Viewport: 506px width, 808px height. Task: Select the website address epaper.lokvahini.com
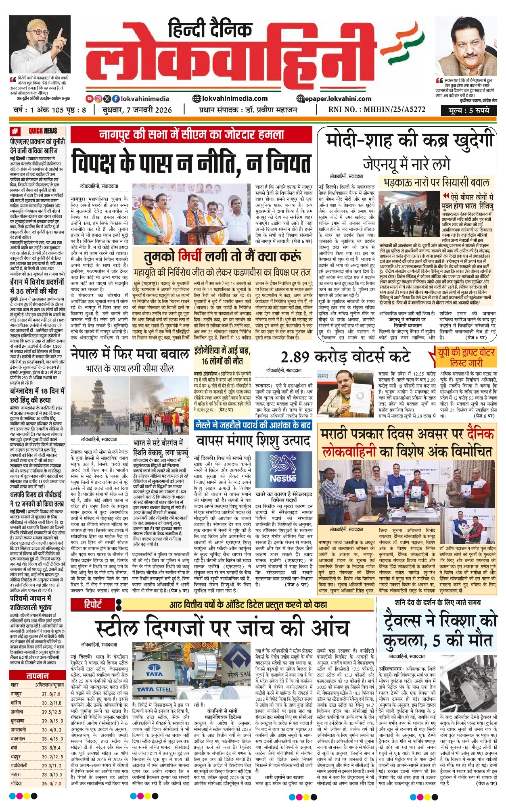coord(334,98)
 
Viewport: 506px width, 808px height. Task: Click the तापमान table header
coord(38,675)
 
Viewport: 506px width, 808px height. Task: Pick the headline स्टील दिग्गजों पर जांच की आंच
coord(222,628)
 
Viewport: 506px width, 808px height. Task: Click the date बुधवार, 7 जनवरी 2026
coord(137,110)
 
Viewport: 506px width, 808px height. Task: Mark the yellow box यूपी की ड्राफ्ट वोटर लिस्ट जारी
coord(466,357)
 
